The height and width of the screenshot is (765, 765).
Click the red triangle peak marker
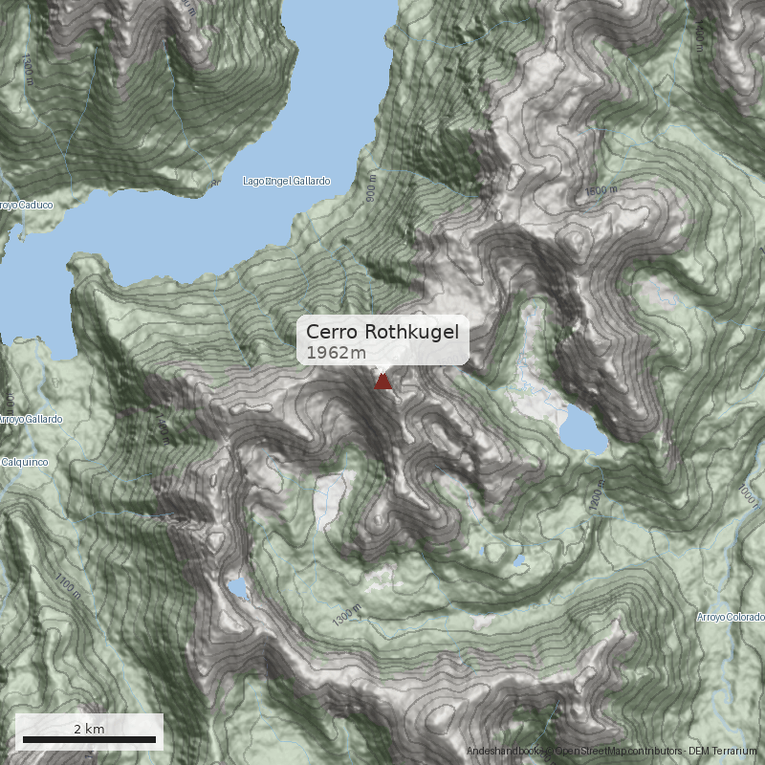(x=382, y=382)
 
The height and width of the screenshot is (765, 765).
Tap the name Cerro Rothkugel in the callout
(x=382, y=332)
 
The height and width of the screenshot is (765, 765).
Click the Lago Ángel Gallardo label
(x=286, y=181)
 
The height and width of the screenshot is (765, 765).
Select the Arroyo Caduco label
(x=25, y=205)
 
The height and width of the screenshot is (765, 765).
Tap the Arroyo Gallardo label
(x=31, y=420)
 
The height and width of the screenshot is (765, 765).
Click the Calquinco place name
(x=23, y=462)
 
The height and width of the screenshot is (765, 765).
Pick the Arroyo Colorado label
(x=732, y=617)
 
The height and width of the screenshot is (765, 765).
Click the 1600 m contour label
(x=601, y=192)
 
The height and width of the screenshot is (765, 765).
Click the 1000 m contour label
(x=746, y=493)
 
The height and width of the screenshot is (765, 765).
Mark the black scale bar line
(x=89, y=740)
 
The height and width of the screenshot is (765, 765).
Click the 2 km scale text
(x=89, y=729)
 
